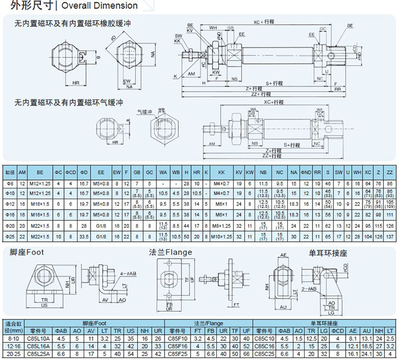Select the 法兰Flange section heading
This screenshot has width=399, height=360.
point(171,252)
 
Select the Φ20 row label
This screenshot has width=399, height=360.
point(10,225)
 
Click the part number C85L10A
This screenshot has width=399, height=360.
point(42,339)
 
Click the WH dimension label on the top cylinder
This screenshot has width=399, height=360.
point(213,28)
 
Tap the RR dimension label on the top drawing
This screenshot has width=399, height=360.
point(337,89)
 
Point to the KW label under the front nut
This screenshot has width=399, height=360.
point(216,73)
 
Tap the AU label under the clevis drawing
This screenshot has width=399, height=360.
point(283,307)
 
